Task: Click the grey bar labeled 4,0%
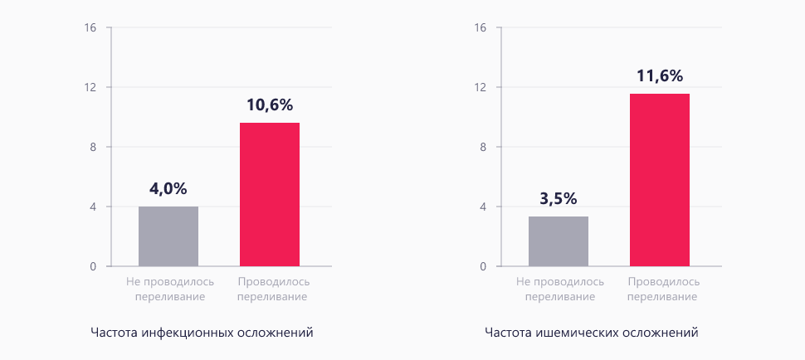point(168,236)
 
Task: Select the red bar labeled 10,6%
point(270,195)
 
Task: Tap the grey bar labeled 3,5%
point(559,241)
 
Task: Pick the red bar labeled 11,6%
point(660,180)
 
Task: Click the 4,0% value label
point(168,188)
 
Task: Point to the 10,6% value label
point(270,105)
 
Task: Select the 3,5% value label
point(559,199)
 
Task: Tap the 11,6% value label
point(660,76)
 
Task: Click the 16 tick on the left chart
point(91,27)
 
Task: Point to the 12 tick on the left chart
point(91,87)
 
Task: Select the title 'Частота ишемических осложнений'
point(592,333)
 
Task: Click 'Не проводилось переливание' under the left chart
point(170,289)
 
